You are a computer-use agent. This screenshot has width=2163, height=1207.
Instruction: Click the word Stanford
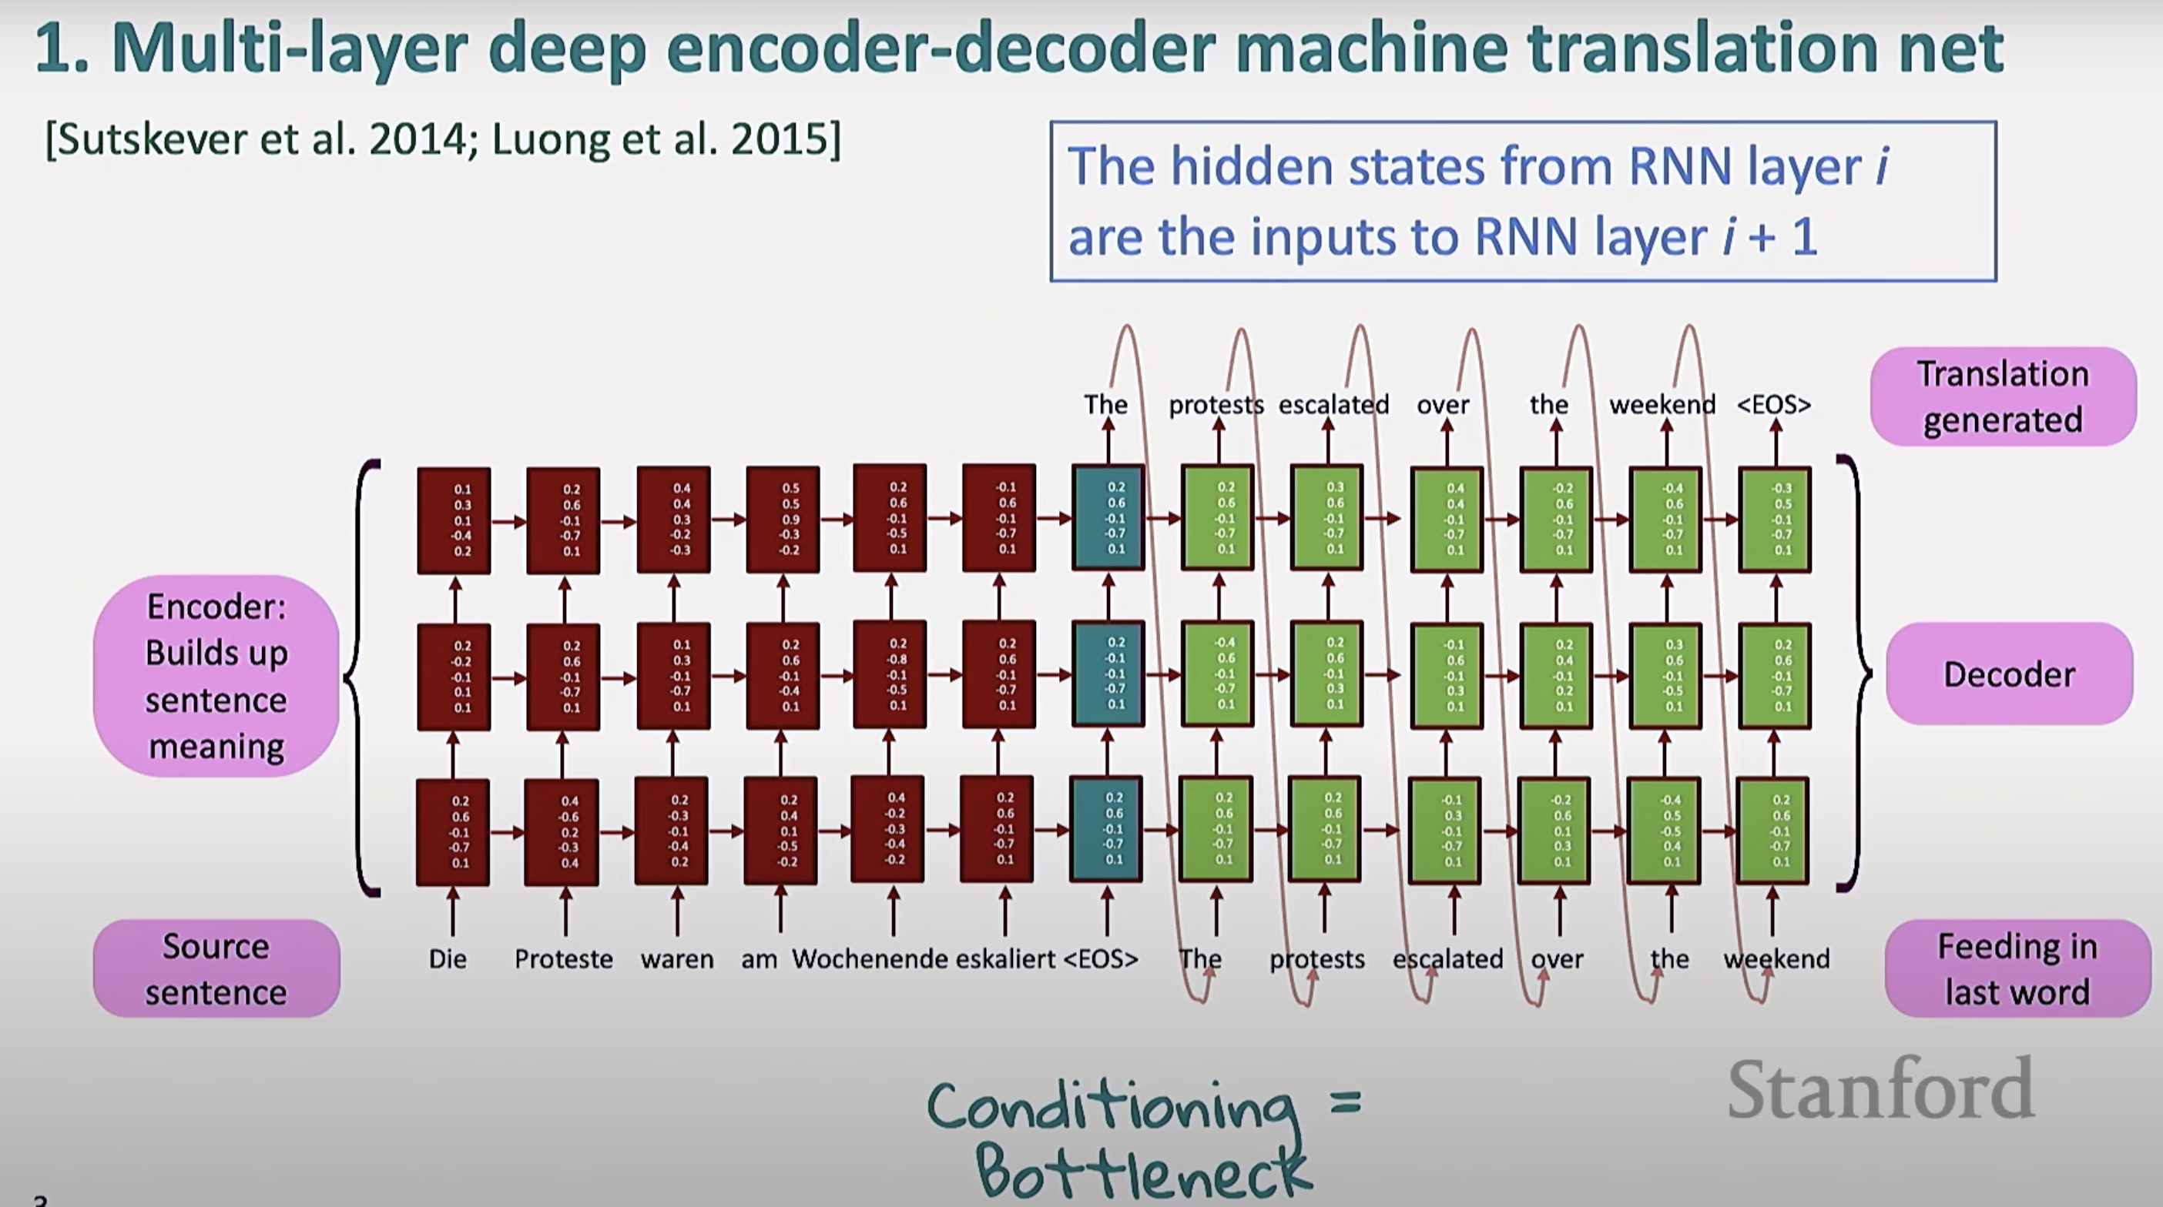1881,1088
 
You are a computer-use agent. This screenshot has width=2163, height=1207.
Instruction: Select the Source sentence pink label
216,968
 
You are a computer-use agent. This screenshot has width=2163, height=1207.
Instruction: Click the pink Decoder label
2008,674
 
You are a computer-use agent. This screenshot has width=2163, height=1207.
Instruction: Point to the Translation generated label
2003,396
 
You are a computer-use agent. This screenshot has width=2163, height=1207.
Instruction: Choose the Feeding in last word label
2017,968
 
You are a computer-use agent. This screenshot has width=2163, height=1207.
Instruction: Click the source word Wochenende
869,958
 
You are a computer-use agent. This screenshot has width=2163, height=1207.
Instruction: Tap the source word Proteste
563,958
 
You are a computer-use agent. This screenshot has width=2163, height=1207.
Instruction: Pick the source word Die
448,958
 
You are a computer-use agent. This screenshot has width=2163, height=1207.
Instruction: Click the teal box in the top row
1108,518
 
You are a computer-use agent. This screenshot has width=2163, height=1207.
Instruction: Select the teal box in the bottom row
1107,829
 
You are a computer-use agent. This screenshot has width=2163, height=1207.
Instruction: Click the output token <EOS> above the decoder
1773,405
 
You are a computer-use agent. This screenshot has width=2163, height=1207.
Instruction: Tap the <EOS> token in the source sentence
1101,958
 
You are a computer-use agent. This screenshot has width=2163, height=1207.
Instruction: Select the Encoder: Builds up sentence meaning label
216,676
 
